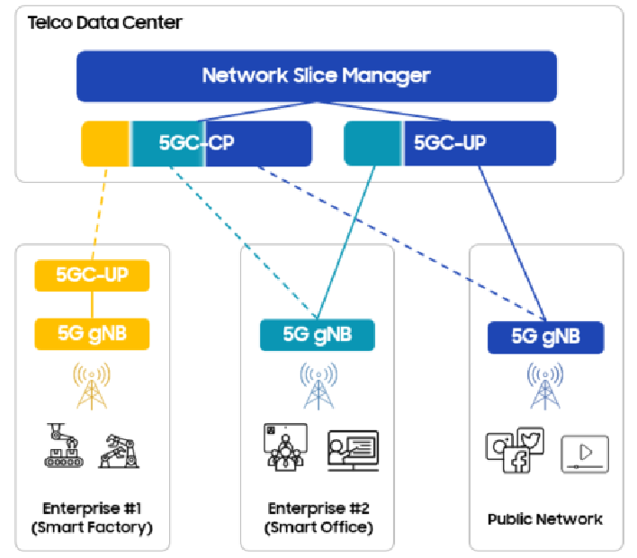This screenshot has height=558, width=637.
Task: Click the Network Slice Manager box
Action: tap(316, 76)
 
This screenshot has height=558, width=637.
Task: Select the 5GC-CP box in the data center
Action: tap(196, 143)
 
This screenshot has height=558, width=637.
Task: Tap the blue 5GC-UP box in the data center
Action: tap(450, 143)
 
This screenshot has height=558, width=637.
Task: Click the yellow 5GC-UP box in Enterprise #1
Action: tap(92, 274)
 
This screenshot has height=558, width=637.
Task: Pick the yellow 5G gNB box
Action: tap(92, 334)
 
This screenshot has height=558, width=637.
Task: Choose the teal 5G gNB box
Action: tap(317, 335)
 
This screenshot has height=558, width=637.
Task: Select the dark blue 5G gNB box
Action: tap(545, 337)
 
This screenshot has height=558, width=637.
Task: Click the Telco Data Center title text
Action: tap(104, 22)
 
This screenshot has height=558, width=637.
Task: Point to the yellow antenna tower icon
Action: tap(92, 384)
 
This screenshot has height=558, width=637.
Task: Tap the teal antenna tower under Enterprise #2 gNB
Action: tap(317, 385)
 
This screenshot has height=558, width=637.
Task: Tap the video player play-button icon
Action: tap(584, 454)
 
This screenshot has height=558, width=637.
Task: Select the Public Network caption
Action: tap(544, 519)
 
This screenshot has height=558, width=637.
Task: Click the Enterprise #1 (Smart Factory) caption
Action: tap(92, 518)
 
